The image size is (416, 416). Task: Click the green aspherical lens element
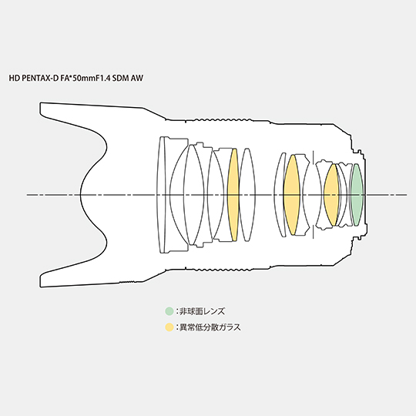(357, 195)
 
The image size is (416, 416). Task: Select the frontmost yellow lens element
(233, 195)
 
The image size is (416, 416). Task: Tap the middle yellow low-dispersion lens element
(292, 195)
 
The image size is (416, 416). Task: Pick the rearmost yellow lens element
(331, 195)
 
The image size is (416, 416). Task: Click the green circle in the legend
(169, 311)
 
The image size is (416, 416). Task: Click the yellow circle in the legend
(169, 327)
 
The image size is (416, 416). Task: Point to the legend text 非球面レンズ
(202, 311)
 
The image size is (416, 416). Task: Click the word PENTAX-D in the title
(40, 78)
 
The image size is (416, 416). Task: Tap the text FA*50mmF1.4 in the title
(86, 78)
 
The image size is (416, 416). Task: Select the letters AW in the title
(137, 78)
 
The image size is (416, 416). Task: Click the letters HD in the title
(15, 78)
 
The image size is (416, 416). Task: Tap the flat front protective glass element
(161, 195)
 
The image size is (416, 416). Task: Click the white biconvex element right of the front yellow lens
(247, 195)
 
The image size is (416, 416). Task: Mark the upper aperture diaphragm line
(314, 157)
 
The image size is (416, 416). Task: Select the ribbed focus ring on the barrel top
(223, 119)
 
